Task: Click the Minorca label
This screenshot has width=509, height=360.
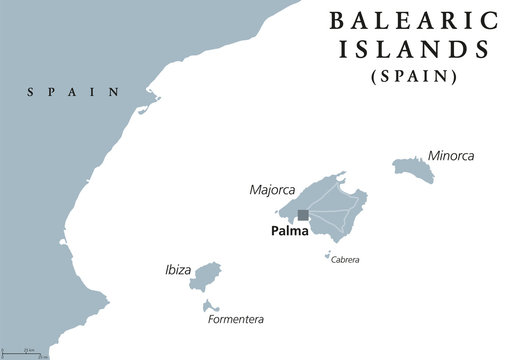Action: click(450, 156)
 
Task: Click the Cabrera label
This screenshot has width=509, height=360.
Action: click(345, 260)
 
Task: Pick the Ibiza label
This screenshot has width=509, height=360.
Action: click(177, 270)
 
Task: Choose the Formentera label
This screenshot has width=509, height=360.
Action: click(236, 320)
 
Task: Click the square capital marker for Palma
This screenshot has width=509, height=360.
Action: click(303, 213)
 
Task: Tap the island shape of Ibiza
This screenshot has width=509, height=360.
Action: click(206, 276)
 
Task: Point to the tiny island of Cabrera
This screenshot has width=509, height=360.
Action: click(327, 256)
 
